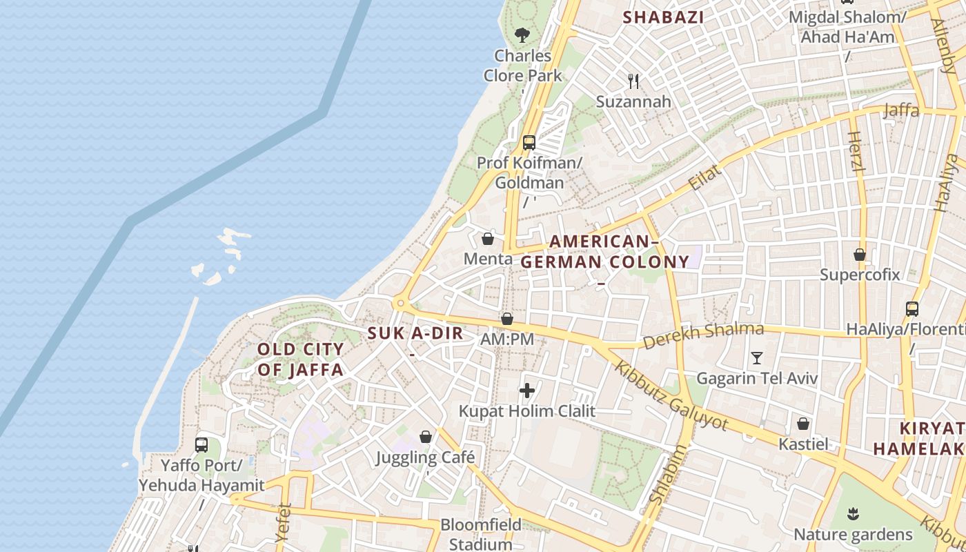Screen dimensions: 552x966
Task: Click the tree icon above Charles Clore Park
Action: coord(522,34)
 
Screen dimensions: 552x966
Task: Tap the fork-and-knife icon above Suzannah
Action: coord(633,81)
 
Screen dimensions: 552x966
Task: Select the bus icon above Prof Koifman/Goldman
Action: coord(529,143)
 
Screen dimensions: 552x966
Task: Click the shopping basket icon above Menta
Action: coord(488,239)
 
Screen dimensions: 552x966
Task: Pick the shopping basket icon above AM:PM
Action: coord(507,319)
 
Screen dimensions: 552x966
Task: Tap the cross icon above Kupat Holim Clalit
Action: coord(527,391)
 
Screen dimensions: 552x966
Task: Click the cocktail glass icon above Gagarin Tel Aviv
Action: coord(757,357)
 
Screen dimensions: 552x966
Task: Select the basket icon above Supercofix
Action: coord(860,255)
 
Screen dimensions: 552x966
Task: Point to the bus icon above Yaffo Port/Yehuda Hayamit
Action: coord(201,444)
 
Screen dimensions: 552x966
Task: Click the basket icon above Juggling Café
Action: coord(426,437)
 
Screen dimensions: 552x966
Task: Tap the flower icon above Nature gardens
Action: coord(853,513)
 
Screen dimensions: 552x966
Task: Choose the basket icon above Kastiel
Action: coord(803,424)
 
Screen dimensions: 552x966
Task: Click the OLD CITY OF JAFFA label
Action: coord(300,359)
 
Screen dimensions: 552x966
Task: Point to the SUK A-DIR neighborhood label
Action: coord(415,333)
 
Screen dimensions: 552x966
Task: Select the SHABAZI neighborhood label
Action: coord(663,17)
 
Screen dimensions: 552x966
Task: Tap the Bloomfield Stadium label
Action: coord(481,534)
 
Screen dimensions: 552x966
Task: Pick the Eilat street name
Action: coord(704,177)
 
